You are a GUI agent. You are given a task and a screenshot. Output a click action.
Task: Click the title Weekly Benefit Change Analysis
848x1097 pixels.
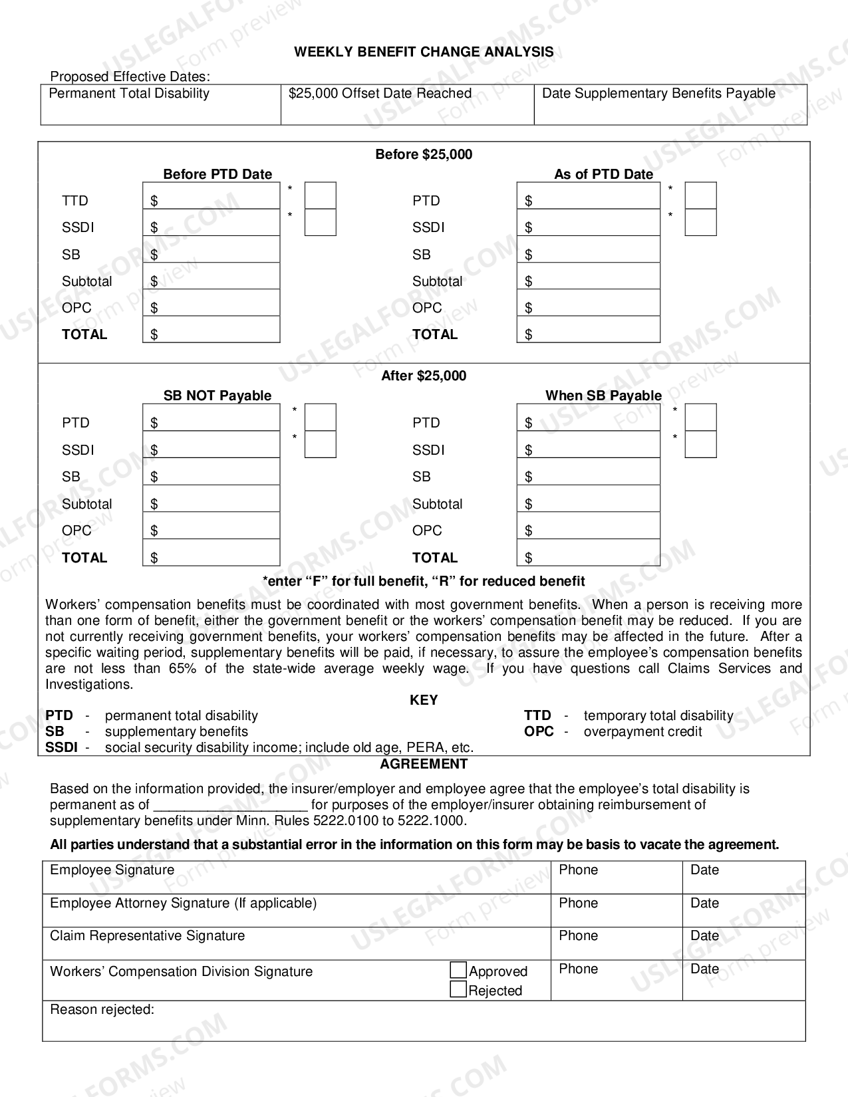coord(424,52)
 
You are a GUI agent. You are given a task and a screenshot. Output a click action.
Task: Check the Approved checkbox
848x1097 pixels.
coord(458,970)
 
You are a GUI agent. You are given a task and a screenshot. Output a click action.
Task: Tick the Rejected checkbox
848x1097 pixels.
coord(458,989)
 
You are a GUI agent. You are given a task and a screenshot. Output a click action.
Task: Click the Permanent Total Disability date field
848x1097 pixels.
coord(160,110)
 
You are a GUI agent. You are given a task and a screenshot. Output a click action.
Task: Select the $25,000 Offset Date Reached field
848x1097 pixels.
coord(407,110)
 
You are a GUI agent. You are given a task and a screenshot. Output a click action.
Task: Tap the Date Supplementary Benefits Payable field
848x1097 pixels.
coord(670,110)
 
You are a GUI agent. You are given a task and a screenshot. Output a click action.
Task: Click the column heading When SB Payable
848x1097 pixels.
coord(603,396)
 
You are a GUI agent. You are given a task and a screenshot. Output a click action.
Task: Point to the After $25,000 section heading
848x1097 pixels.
coord(424,376)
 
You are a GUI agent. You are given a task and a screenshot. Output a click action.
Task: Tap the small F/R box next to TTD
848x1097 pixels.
coord(320,196)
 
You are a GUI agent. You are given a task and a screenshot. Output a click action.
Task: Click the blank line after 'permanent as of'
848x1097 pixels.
coord(230,804)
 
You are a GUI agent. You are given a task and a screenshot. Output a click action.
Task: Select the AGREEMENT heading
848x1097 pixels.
coord(424,764)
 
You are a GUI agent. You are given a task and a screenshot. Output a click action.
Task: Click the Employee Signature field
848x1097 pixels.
coord(297,878)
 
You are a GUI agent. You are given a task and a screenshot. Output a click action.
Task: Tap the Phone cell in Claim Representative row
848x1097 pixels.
coord(617,943)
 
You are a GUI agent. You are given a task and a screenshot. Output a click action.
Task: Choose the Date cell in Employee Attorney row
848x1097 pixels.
coord(744,910)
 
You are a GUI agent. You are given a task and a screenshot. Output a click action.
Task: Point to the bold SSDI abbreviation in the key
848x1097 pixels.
coord(61,747)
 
